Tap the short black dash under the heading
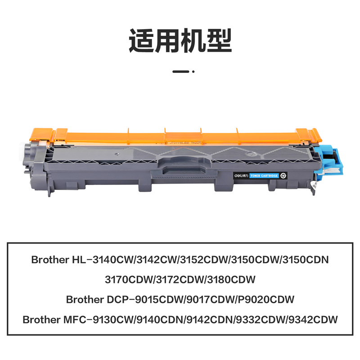[x=180, y=71]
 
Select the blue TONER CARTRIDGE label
[x=264, y=176]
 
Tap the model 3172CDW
[x=180, y=279]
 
